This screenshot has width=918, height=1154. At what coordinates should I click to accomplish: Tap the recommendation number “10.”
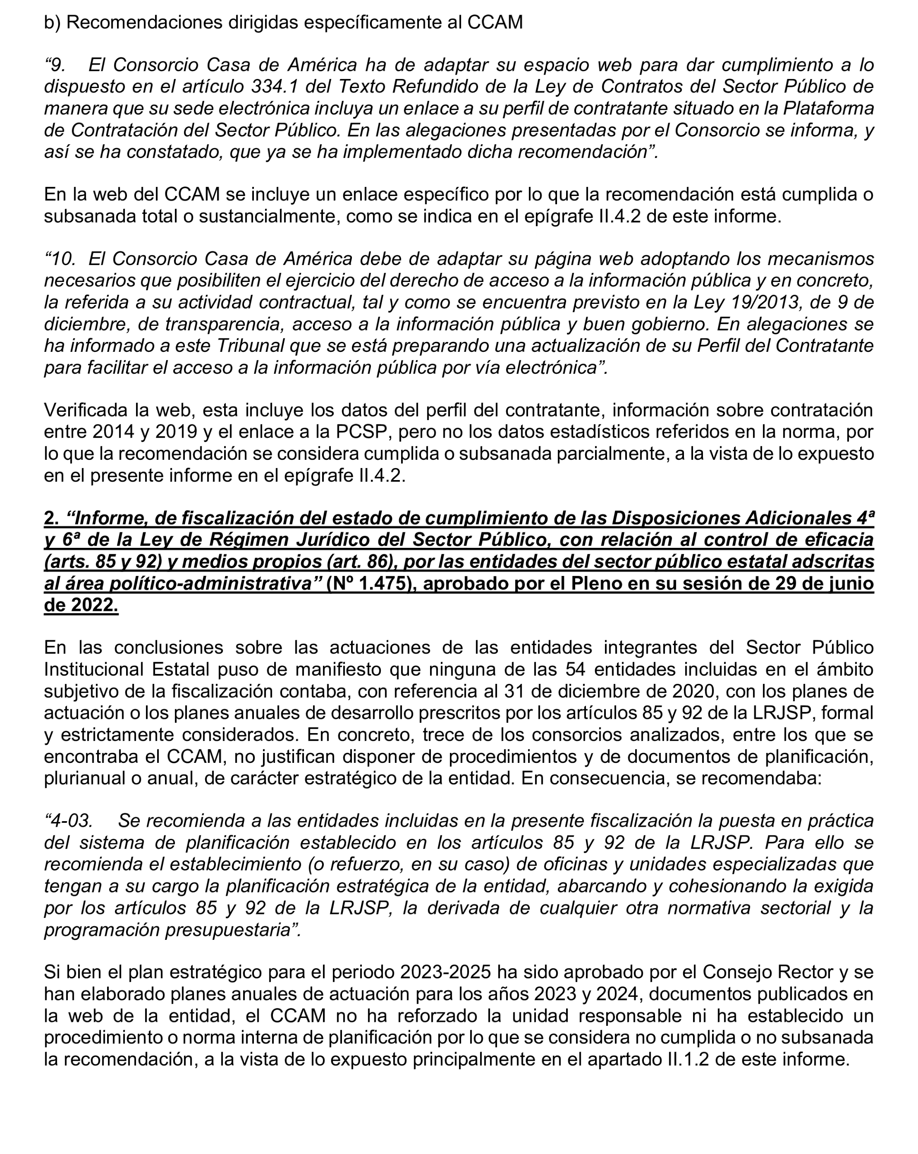60,259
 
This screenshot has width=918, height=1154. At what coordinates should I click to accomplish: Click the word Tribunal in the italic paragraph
250,346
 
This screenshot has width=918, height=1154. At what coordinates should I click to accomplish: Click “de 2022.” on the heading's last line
81,605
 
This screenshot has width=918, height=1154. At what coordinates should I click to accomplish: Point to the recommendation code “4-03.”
68,821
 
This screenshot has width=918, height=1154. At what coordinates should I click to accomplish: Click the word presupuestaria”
233,930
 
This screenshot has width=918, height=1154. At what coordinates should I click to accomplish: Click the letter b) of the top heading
52,22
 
